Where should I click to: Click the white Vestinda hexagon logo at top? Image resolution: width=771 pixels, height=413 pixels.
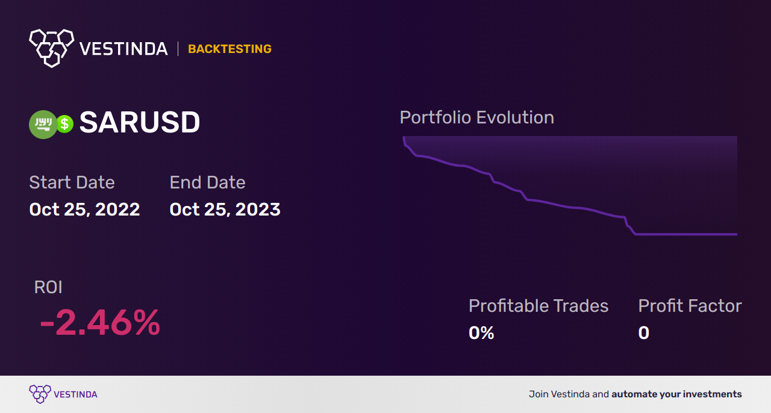pyautogui.click(x=52, y=48)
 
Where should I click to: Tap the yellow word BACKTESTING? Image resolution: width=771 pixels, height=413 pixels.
pyautogui.click(x=229, y=49)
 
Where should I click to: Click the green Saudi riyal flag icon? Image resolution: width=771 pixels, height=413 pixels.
pyautogui.click(x=43, y=124)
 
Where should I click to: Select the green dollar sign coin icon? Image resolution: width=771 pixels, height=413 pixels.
pyautogui.click(x=64, y=124)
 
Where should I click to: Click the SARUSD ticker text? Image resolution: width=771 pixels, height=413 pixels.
pyautogui.click(x=140, y=122)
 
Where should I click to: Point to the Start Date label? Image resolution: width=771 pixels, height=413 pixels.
pyautogui.click(x=72, y=182)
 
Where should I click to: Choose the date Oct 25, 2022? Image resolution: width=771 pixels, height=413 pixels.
pyautogui.click(x=85, y=210)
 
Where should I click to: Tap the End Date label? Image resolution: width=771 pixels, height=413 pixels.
pyautogui.click(x=208, y=182)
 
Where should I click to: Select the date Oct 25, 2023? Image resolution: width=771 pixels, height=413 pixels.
pyautogui.click(x=225, y=210)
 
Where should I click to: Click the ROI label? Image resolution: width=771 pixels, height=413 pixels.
pyautogui.click(x=48, y=287)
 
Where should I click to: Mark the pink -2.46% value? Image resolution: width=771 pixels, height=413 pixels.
pyautogui.click(x=100, y=323)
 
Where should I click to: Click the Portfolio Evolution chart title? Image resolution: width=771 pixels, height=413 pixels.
pyautogui.click(x=477, y=117)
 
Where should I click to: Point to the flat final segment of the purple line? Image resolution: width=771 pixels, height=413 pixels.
pyautogui.click(x=686, y=234)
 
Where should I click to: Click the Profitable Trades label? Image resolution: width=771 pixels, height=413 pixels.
pyautogui.click(x=538, y=306)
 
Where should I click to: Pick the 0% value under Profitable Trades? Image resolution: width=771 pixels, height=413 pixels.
pyautogui.click(x=481, y=333)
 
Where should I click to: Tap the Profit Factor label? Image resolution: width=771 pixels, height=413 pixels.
pyautogui.click(x=690, y=306)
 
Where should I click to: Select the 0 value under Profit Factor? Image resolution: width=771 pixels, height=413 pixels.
pyautogui.click(x=644, y=333)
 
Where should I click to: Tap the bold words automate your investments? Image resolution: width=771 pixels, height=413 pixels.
pyautogui.click(x=676, y=394)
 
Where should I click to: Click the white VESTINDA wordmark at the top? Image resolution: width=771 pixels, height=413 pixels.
pyautogui.click(x=123, y=49)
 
